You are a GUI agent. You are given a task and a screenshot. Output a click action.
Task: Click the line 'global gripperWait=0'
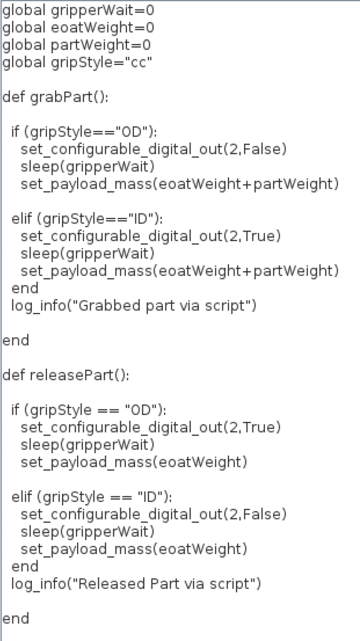(x=78, y=11)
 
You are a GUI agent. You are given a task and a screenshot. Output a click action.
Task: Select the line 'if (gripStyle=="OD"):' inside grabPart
(x=85, y=133)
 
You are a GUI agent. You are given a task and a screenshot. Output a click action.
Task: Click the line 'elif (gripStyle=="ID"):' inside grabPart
(x=87, y=219)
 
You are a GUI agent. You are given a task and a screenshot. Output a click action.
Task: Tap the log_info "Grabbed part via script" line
(x=134, y=305)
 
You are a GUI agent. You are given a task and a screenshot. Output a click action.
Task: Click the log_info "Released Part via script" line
(x=136, y=584)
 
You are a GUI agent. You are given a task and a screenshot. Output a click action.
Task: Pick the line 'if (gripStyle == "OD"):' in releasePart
(x=89, y=410)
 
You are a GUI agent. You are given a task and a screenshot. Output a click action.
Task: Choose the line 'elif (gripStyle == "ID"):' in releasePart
(x=91, y=497)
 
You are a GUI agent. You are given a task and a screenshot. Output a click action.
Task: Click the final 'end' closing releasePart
(x=16, y=618)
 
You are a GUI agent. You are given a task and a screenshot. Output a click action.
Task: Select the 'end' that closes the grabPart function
(x=16, y=341)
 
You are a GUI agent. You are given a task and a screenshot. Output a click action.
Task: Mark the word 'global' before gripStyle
(x=24, y=63)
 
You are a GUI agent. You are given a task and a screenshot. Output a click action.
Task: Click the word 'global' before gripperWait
(x=24, y=11)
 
